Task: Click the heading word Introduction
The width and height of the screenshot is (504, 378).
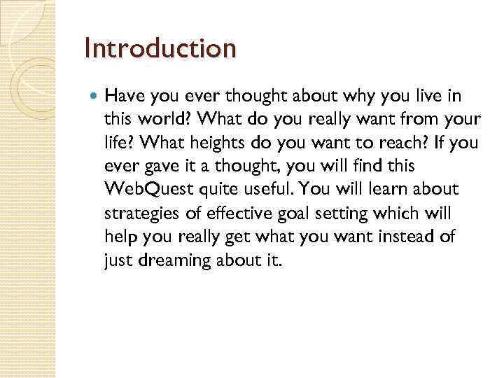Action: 160,48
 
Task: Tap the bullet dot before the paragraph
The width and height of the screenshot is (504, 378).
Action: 95,95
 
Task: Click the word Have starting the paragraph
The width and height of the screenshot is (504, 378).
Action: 125,95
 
